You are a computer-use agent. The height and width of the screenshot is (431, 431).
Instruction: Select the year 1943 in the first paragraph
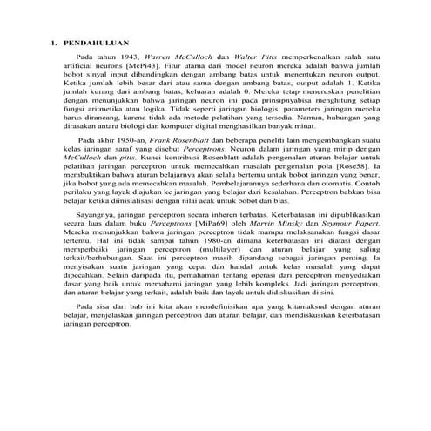pyautogui.click(x=127, y=56)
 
